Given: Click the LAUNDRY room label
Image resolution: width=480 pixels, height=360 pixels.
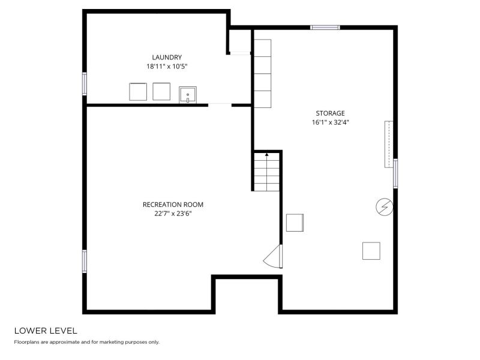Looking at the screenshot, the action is pos(167,57).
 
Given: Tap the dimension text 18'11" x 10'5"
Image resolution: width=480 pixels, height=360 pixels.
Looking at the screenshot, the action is pos(167,67).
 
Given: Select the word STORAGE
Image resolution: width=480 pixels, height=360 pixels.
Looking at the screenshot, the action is pos(331,113).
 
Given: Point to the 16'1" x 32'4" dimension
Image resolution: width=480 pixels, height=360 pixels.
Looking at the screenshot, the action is pos(331,122).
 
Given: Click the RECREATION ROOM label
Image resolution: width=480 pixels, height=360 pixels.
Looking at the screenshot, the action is pos(173,205).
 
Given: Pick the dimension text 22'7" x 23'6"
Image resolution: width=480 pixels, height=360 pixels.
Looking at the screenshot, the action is pos(173,214).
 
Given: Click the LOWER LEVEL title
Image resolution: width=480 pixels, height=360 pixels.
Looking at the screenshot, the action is pos(46,331).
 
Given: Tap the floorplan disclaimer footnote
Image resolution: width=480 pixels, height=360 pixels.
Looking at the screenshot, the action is pos(86,342).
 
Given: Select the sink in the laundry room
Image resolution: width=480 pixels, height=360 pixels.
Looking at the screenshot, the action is pos(188,95).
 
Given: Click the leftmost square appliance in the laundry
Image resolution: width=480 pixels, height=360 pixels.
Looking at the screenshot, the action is pos(138,92).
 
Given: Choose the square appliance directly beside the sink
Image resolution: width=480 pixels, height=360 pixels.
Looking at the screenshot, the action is pos(161,91).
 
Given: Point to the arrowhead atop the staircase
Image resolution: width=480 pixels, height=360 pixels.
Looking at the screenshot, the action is pos(267,155).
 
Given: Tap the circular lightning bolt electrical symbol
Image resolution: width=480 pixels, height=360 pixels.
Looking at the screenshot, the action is pos(385,207).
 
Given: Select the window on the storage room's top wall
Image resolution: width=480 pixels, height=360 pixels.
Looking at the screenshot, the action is pos(325,28).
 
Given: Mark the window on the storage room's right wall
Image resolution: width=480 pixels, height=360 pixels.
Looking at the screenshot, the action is pos(395,173).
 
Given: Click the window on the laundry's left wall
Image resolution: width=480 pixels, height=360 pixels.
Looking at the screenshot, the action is pos(85,83).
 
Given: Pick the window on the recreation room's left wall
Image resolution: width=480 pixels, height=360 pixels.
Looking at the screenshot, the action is pos(85,261).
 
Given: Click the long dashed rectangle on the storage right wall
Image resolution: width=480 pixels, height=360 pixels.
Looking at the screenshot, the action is pos(389,144).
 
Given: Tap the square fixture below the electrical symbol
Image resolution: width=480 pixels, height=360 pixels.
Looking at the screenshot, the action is pos(371,251).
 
